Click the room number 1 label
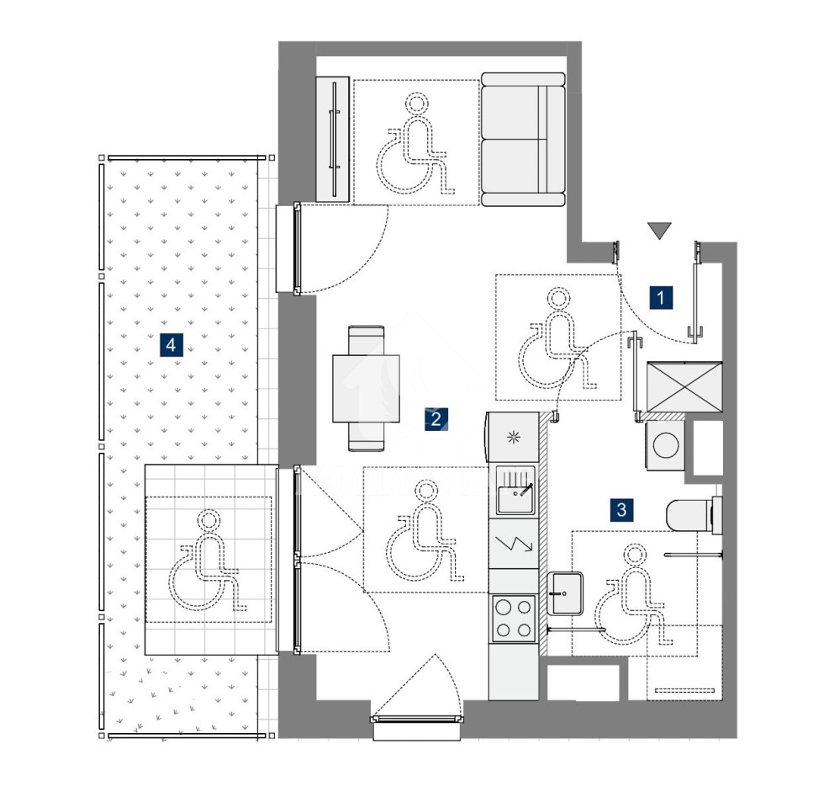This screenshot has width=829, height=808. [x=660, y=298]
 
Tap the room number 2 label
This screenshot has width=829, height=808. [x=436, y=419]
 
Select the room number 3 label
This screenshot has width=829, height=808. [x=622, y=509]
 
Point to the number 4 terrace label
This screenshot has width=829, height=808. [x=171, y=345]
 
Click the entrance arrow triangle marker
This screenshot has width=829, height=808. [x=659, y=230]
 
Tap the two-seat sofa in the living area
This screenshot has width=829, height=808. [x=523, y=139]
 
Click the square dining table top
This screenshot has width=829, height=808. [x=366, y=388]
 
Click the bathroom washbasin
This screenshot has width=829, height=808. [x=565, y=593]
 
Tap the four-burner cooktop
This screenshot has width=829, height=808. [x=514, y=619]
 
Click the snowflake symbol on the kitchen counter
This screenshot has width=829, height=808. [x=514, y=437]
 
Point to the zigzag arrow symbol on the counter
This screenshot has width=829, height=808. [x=515, y=544]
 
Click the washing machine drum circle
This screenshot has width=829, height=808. [x=666, y=444]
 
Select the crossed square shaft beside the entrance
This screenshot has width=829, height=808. [x=684, y=387]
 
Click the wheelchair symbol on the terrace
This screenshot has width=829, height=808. [x=209, y=560]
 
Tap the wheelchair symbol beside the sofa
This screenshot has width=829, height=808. [x=415, y=143]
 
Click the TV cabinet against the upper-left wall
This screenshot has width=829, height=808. [x=333, y=139]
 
